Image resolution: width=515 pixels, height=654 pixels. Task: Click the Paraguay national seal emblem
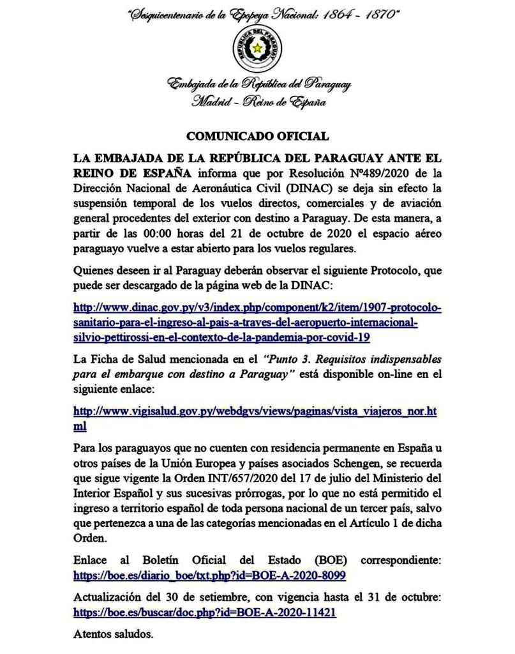coord(257,48)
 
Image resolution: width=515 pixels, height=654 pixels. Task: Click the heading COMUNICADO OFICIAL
coord(257,136)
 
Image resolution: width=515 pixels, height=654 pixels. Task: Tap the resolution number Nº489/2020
coord(360,173)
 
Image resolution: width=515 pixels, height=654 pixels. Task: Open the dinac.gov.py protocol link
coord(257,322)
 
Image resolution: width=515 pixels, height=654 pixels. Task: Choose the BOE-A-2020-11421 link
coord(205,612)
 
